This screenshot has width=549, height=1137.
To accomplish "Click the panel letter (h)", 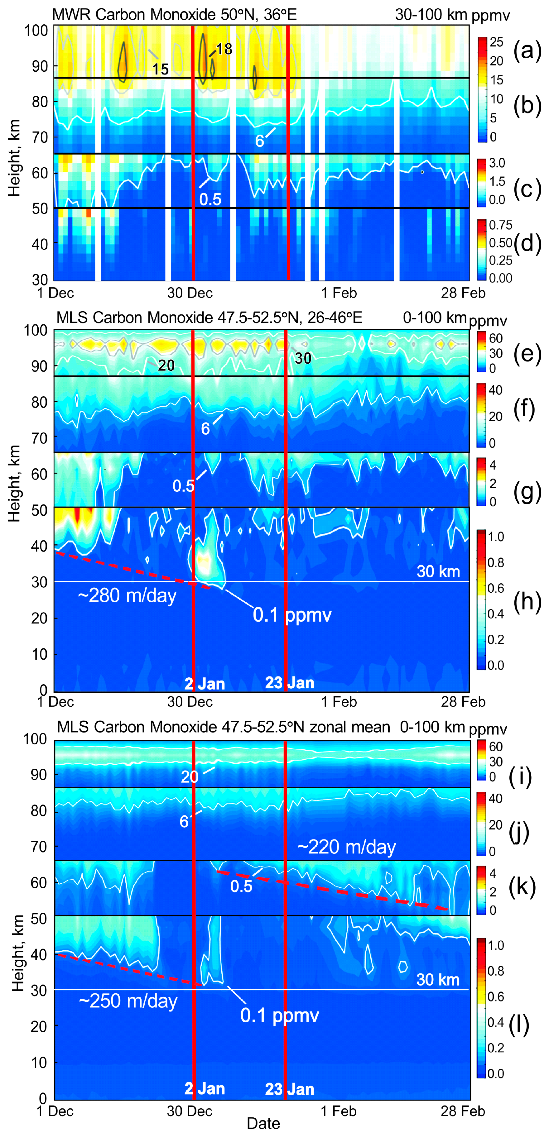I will pos(527,602).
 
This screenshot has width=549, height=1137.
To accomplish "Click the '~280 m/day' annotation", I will pos(127,596).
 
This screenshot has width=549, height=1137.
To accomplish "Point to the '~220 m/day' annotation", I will pos(347,847).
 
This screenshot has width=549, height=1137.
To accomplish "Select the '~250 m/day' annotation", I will pos(128,1001).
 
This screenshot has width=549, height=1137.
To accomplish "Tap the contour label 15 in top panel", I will pos(160,69).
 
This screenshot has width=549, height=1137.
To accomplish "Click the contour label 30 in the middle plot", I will pos(303,358).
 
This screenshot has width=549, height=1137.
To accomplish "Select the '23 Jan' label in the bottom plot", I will pos(290,1089).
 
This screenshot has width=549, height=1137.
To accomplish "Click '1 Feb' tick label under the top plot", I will pos(339,293).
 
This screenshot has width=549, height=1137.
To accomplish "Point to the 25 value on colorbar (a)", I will pos(496,42).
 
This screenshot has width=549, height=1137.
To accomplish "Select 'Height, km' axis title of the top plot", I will pos(15,158).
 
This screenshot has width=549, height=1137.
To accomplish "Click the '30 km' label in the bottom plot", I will pos(438,980).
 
